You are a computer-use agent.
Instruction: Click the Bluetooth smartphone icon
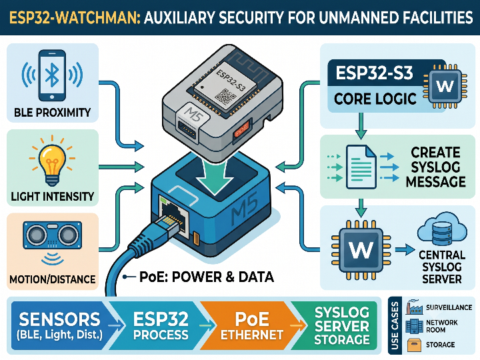[x=52, y=75]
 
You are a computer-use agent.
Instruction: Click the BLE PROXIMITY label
[x=53, y=113]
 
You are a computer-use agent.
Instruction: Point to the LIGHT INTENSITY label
[x=53, y=196]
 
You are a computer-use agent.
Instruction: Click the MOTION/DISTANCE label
[x=53, y=279]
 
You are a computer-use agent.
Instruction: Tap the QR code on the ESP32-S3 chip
[x=225, y=97]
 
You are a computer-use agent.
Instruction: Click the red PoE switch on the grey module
[x=242, y=131]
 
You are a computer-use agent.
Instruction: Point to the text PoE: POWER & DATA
[x=206, y=277]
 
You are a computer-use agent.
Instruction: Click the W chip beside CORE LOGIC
[x=445, y=86]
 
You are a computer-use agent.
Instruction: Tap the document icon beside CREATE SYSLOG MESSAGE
[x=361, y=167]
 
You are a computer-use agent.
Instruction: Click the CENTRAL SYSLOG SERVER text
[x=442, y=267]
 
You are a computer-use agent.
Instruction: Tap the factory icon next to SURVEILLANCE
[x=415, y=307]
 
